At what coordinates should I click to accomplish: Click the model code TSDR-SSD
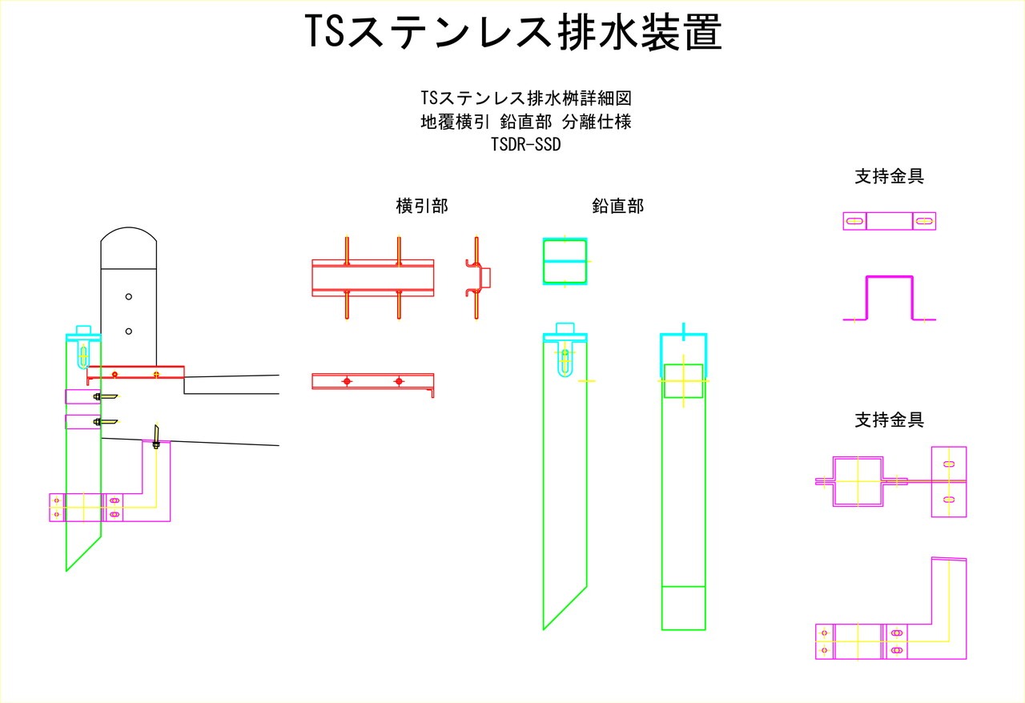[x=525, y=145]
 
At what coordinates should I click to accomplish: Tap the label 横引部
[x=422, y=206]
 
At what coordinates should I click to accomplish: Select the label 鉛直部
[x=617, y=206]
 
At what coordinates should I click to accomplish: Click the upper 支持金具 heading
[x=889, y=177]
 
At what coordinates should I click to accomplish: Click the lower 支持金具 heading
[x=889, y=419]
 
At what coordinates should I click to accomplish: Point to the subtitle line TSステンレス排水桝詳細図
[x=526, y=98]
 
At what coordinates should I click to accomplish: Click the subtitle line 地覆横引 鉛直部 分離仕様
[x=526, y=123]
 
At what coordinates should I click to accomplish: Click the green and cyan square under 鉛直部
[x=565, y=261]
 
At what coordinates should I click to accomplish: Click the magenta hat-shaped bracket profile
[x=889, y=298]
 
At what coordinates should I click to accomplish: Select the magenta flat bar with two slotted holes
[x=889, y=221]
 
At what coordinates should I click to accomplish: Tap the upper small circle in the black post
[x=128, y=296]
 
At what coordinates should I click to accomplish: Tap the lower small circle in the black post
[x=128, y=331]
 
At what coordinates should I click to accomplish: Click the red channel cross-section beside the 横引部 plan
[x=477, y=277]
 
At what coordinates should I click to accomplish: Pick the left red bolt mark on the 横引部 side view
[x=347, y=382]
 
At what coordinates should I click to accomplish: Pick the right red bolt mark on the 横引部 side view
[x=399, y=382]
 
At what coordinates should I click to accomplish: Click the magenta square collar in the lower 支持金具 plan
[x=858, y=481]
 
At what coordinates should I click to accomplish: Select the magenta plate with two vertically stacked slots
[x=949, y=481]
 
